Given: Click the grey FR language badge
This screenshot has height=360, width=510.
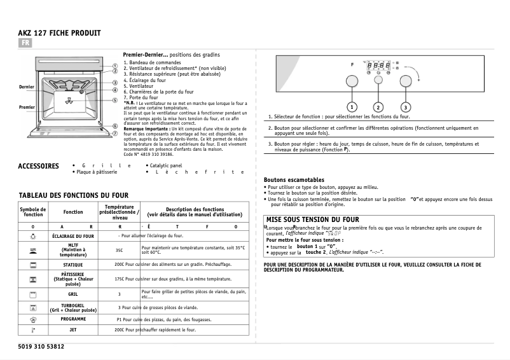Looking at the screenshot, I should [x=25, y=43].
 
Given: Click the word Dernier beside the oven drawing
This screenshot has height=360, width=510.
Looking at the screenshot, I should [x=27, y=87].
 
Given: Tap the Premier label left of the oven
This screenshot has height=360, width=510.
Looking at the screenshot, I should [x=27, y=107].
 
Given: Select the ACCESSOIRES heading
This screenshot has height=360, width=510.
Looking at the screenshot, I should [x=39, y=167].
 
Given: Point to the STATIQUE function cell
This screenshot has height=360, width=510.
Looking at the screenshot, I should [x=73, y=264].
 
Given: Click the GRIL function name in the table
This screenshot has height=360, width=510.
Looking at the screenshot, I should [x=73, y=294].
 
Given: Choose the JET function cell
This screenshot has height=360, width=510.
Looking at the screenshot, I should [x=73, y=330].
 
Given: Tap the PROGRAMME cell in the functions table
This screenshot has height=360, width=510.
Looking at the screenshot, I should [x=73, y=319].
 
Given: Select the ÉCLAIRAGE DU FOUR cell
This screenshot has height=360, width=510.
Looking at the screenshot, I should [x=73, y=236].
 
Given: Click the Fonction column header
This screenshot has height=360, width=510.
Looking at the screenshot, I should [x=73, y=212].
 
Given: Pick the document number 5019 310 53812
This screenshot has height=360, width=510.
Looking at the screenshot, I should [x=38, y=347].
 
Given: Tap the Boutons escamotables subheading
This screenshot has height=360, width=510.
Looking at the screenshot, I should [x=294, y=180].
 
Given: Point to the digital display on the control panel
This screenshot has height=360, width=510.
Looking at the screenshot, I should [x=379, y=65].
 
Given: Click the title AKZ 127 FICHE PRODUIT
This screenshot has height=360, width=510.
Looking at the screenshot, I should [x=60, y=32].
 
